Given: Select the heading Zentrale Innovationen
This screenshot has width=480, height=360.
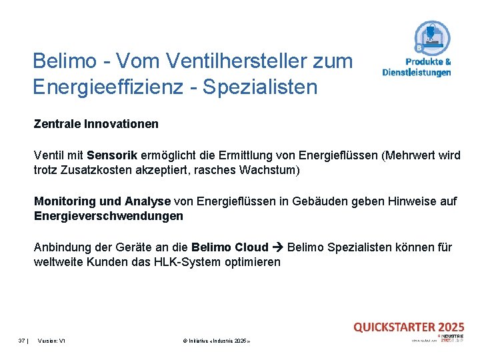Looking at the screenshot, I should tap(96, 124).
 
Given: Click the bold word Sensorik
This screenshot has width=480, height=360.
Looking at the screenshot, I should tap(112, 155).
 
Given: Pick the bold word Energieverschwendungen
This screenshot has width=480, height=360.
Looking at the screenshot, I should tap(108, 216).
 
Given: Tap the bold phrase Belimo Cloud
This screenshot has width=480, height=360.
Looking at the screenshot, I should tap(229, 247).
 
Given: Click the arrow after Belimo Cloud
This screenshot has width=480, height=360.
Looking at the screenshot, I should tap(279, 247).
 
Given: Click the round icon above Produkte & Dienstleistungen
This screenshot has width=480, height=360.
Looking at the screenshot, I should tap(432, 38).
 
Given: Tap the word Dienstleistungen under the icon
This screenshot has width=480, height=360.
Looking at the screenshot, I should tap(417, 72).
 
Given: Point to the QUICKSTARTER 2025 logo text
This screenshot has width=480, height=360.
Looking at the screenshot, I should tap(408, 327).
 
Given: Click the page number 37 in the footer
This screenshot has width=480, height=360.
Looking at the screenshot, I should tap(21, 340).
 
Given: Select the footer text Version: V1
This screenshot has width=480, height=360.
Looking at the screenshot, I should tap(51, 340).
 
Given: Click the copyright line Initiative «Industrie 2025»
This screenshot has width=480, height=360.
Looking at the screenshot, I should tap(216, 340).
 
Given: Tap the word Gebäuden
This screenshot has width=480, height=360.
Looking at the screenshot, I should tap(329, 201).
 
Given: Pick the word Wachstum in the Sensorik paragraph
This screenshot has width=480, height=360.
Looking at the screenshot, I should tap(273, 170).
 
